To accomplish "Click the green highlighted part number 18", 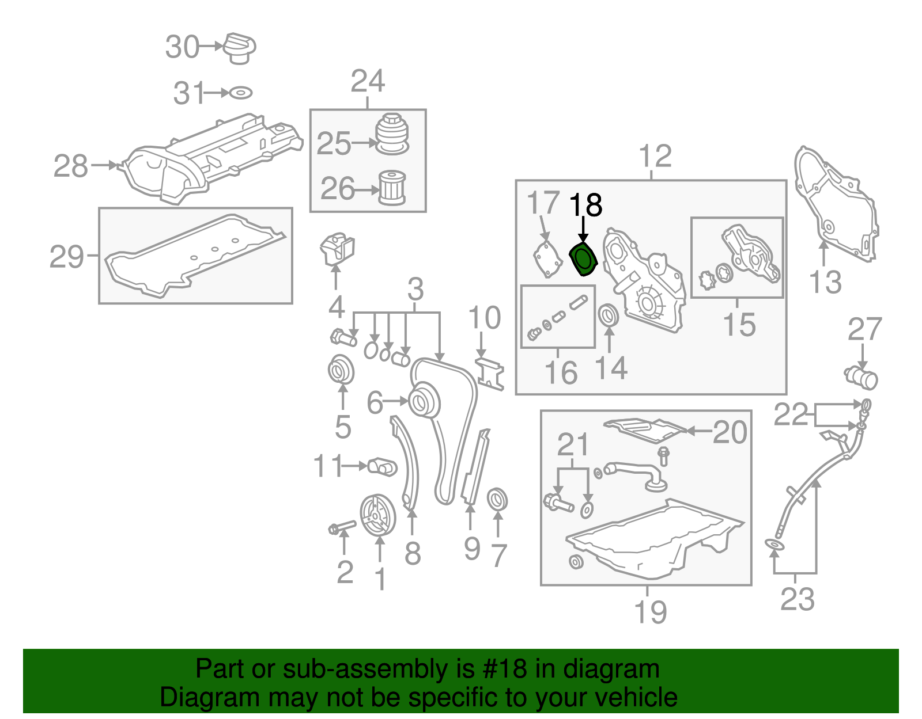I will tap(583, 260).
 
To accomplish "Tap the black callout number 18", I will tap(585, 205).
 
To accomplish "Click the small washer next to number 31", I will tap(241, 93).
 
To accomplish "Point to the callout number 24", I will tap(368, 81).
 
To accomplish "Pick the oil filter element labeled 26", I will tap(392, 188).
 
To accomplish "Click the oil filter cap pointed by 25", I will tap(392, 134).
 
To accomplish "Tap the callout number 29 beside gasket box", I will tap(67, 257).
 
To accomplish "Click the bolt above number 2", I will tap(342, 526).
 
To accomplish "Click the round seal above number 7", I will tap(497, 499).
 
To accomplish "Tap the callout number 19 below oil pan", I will tap(651, 612).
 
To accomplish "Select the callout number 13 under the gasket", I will tap(825, 282).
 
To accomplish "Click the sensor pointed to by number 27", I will tap(861, 378).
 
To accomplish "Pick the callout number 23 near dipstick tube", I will tap(798, 599).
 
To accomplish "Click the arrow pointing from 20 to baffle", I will tap(700, 431).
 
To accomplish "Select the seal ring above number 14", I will tap(609, 315).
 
